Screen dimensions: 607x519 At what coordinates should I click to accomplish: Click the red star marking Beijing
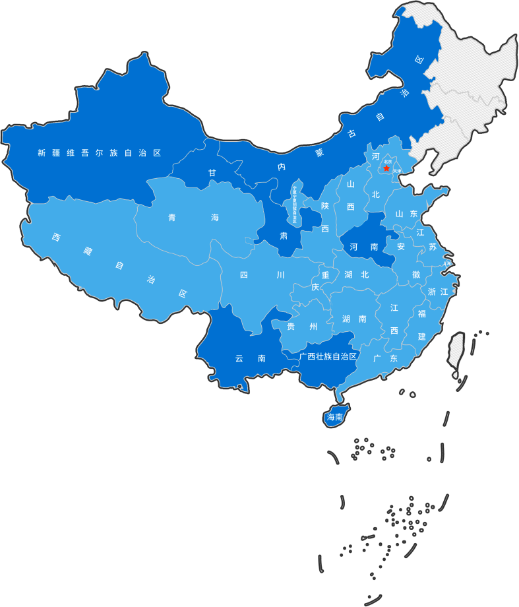[x=386, y=169]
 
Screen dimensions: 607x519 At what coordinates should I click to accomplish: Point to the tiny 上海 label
[x=448, y=263]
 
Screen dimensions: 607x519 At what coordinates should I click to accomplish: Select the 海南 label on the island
[x=335, y=417]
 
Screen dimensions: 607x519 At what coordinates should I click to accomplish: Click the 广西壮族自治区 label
[x=327, y=356]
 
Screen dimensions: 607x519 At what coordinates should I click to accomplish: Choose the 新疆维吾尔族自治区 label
[x=99, y=153]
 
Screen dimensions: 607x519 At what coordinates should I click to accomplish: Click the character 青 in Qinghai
[x=173, y=218]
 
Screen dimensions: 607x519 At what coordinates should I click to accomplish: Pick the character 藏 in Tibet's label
[x=88, y=251]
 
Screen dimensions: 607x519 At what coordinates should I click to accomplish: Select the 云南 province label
[x=250, y=359]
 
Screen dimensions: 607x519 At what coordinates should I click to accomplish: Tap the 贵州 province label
[x=301, y=327]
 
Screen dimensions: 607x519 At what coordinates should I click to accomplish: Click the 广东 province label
[x=385, y=358]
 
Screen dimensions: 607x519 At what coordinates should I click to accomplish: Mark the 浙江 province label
[x=438, y=292]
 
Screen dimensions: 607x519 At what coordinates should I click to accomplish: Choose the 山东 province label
[x=406, y=214]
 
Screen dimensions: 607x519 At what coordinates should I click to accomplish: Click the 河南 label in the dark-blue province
[x=363, y=247]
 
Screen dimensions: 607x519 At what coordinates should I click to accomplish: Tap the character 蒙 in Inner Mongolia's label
[x=320, y=152]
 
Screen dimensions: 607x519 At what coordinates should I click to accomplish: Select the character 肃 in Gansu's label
[x=284, y=236]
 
